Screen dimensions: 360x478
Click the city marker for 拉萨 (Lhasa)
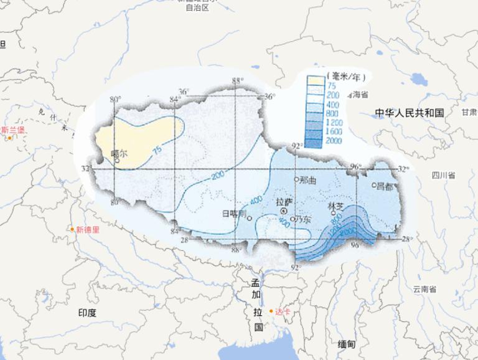(x=283, y=211)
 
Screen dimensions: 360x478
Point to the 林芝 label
(x=335, y=205)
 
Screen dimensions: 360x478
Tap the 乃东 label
(x=304, y=219)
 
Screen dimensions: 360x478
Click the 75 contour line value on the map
(x=156, y=149)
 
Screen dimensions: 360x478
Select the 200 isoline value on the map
(x=217, y=176)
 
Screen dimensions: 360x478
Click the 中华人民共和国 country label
(x=409, y=113)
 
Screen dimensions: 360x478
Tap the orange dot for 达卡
(x=271, y=311)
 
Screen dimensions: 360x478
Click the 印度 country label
(x=87, y=313)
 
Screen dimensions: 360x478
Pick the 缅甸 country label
(x=347, y=344)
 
